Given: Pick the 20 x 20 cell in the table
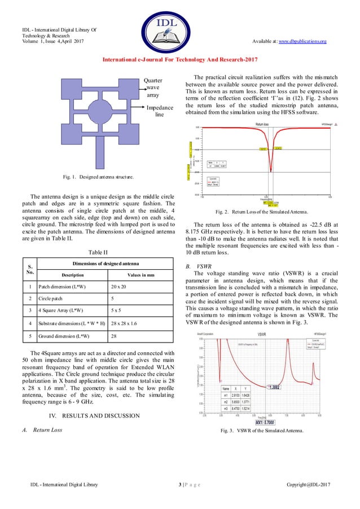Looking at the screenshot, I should tap(120, 287).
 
